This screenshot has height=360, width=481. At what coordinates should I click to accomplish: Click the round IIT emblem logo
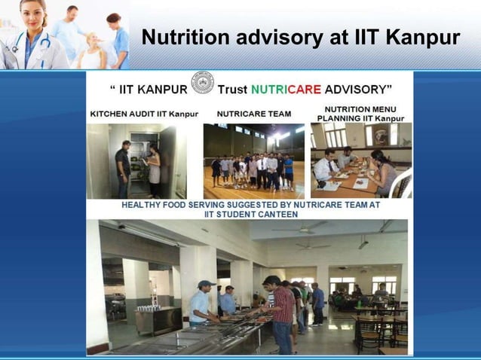[x=202, y=83]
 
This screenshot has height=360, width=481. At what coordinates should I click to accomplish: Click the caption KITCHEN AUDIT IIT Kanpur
[x=144, y=114]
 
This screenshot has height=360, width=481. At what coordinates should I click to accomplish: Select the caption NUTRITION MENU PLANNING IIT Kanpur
[x=360, y=114]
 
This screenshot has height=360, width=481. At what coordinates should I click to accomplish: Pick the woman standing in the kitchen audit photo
[x=154, y=169]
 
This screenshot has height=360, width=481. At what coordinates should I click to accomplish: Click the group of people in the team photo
[x=253, y=169]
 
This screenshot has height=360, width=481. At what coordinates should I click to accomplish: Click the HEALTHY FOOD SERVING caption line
[x=251, y=204]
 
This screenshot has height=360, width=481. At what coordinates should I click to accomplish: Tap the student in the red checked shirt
[x=282, y=309]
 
